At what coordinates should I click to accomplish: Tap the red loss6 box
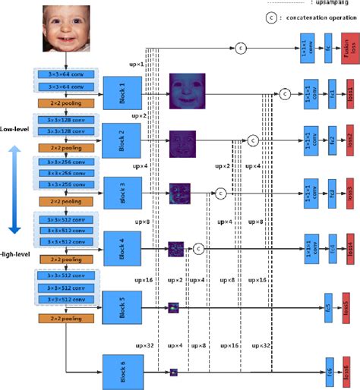click(349, 370)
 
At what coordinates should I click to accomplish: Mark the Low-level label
click(16, 129)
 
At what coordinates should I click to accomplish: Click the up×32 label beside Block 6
click(144, 347)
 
